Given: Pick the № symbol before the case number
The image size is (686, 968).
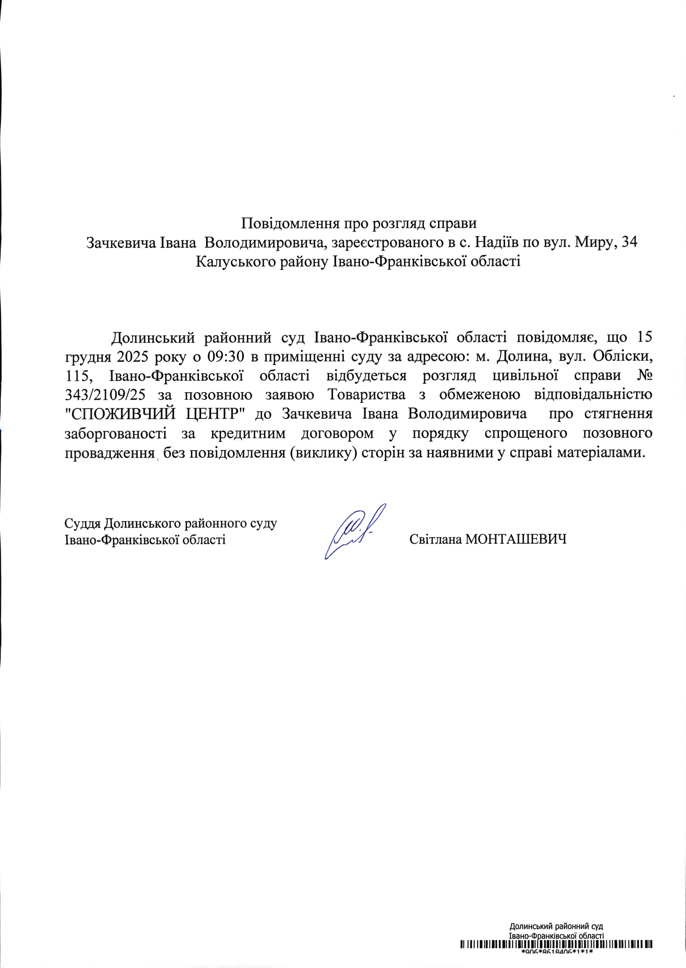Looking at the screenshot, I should pyautogui.click(x=643, y=376).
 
